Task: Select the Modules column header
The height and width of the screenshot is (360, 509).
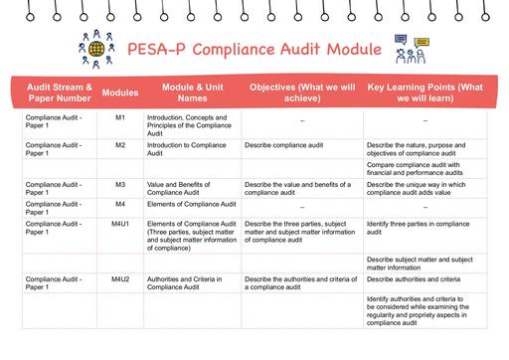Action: pos(119,90)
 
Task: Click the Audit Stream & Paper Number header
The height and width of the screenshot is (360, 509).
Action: pos(59,90)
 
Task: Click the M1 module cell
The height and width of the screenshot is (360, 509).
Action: pos(119,118)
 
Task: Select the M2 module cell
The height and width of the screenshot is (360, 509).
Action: pos(119,145)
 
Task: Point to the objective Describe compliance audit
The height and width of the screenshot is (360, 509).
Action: pos(286,145)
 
